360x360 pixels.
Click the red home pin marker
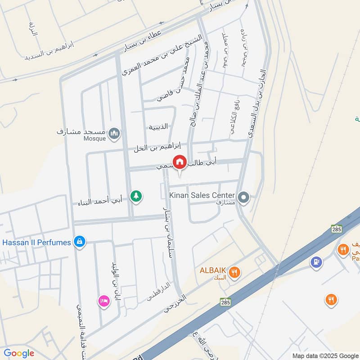(x=180, y=162)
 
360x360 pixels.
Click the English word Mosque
(x=94, y=139)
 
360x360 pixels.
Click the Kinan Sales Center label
(x=202, y=195)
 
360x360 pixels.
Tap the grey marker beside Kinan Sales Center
(x=243, y=197)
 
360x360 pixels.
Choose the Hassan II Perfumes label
(x=37, y=243)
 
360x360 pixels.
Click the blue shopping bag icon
(x=80, y=242)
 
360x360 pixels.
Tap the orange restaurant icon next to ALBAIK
(x=234, y=272)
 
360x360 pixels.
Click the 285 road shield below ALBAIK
(x=225, y=301)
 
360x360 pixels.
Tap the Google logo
(x=18, y=353)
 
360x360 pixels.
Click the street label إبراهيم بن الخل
(x=157, y=147)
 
